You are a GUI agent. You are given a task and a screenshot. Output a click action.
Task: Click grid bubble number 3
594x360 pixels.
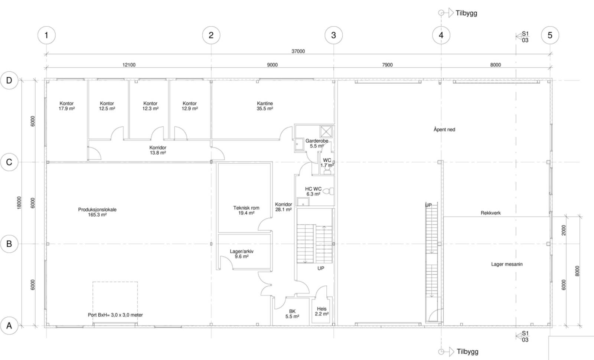[333, 35]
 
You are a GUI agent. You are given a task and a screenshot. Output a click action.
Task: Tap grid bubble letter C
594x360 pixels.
[9, 162]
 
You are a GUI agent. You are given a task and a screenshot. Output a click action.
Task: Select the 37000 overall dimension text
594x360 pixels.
[298, 51]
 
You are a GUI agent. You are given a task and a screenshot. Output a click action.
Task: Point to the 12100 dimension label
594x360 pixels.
[129, 65]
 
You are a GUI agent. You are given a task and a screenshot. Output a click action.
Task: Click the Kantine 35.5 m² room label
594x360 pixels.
[265, 106]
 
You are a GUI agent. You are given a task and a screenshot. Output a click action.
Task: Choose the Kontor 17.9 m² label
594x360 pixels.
[66, 106]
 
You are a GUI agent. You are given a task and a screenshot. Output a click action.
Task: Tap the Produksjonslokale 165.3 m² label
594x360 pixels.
[97, 212]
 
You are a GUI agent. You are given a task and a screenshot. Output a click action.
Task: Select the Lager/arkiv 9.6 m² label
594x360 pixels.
[242, 254]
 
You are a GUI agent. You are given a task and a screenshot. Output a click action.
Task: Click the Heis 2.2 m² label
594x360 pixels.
[322, 311]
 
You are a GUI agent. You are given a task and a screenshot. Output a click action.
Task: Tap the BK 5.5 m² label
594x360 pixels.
[292, 314]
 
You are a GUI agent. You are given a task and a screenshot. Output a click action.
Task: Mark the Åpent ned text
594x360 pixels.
[444, 130]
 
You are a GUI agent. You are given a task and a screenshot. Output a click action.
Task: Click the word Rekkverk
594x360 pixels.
[490, 213]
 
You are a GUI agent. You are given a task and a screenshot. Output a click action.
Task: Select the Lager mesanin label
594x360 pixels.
[507, 265]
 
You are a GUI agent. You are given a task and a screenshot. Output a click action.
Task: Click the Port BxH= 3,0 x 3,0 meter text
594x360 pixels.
[115, 315]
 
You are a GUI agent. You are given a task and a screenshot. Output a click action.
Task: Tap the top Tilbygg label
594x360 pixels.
[466, 13]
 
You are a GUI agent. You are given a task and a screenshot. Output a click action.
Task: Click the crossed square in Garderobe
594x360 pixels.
[326, 131]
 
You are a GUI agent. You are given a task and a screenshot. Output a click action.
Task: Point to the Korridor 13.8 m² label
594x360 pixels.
[158, 150]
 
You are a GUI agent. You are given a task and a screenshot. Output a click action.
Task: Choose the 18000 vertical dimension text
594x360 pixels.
[19, 202]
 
